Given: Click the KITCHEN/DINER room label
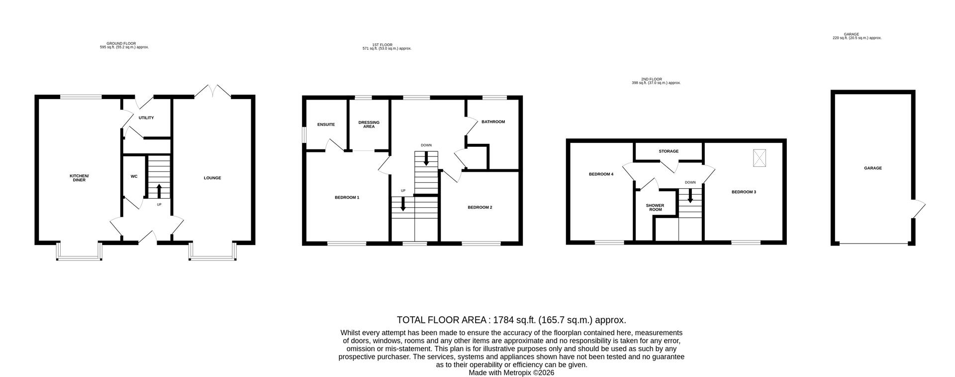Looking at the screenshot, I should point(79,178).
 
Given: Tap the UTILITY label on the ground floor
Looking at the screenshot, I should point(146,118).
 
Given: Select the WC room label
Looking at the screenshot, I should point(134,176).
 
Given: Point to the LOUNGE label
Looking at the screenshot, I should point(212,178).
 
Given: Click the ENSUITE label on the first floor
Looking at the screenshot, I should point(326,125).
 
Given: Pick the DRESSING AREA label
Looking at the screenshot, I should point(369,125).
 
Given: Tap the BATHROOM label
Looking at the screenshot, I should point(493,122).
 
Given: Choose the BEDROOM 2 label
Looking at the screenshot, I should point(479,207).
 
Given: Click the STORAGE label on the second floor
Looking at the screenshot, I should point(668,151).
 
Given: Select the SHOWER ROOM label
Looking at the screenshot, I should point(655,207).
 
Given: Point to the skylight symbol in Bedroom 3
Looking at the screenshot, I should point(759,158).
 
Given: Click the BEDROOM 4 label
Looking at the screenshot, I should point(601,174).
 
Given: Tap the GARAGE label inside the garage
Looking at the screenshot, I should point(872,168).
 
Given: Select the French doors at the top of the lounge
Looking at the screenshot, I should point(212,92).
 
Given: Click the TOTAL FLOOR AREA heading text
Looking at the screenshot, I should point(511,320).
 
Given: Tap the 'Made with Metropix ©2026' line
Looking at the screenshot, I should point(511,373).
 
